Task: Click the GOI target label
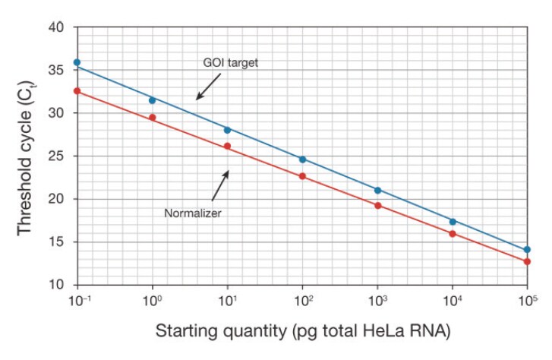pos(231,63)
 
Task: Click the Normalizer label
pos(193,213)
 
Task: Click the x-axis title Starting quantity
pos(302,332)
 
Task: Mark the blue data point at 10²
pos(302,159)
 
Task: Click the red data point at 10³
pos(377,205)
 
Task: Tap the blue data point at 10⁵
pos(527,249)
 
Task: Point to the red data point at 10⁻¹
pos(77,91)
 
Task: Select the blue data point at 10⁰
pos(152,100)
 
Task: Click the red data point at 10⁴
pos(452,234)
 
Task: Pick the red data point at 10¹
pos(227,146)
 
